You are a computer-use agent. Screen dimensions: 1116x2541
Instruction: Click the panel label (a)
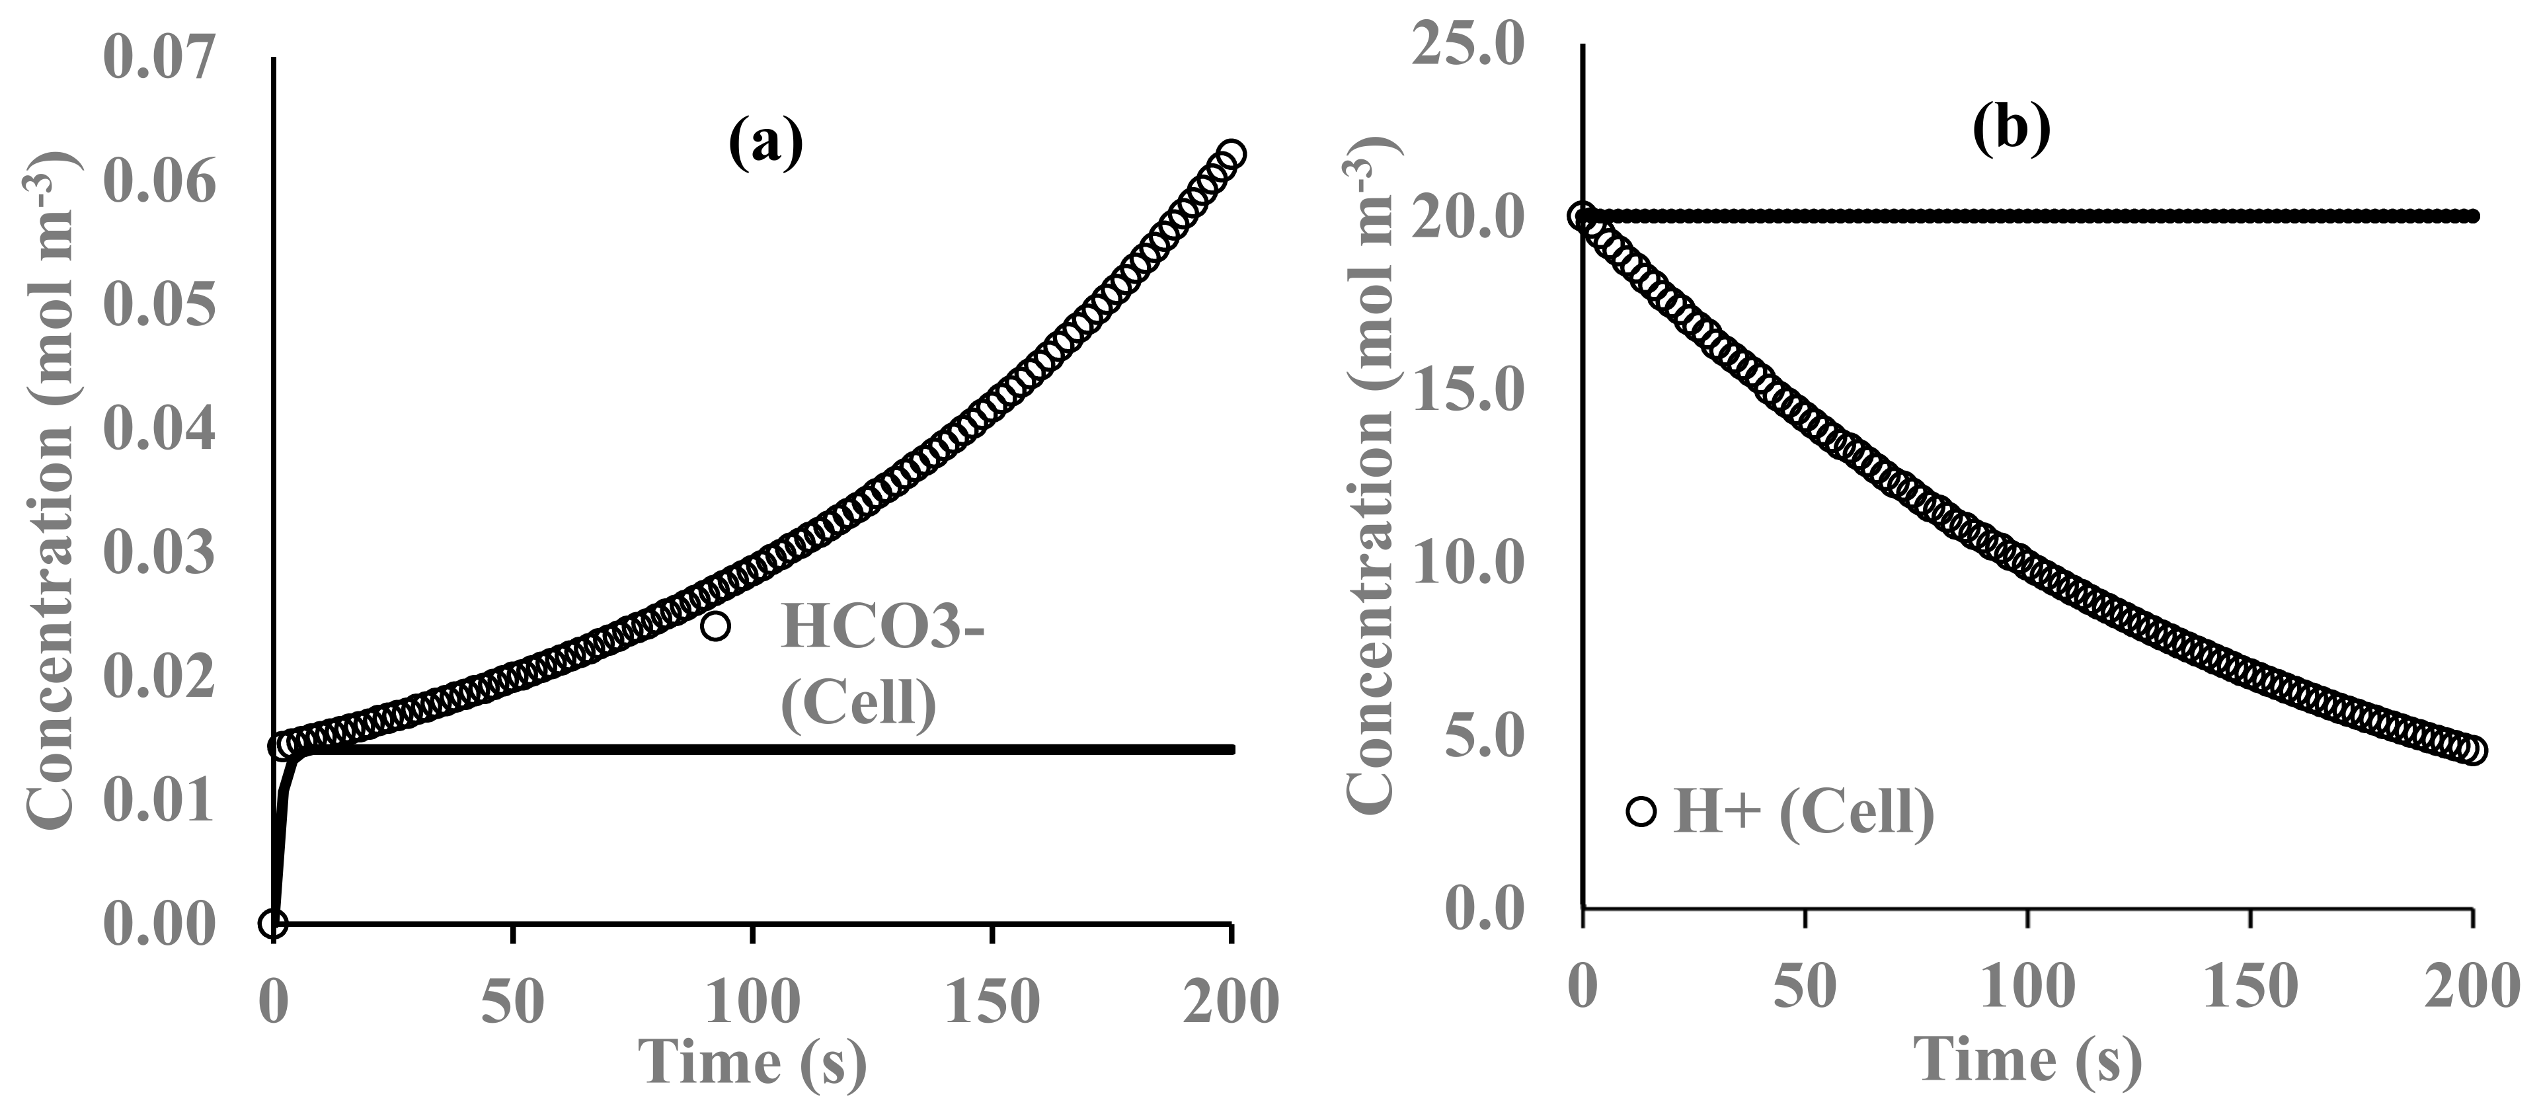(x=765, y=144)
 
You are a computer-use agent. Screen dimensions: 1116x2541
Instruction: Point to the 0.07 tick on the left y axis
(x=158, y=58)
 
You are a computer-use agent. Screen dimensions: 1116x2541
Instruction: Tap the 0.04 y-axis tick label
(x=158, y=430)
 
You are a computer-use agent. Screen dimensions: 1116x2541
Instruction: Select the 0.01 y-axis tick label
(x=158, y=801)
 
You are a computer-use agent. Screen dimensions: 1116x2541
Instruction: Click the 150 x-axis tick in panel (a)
(x=992, y=1002)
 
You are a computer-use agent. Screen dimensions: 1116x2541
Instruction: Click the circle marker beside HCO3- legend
(x=715, y=625)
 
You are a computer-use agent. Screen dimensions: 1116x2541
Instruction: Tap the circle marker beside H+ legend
(x=1641, y=812)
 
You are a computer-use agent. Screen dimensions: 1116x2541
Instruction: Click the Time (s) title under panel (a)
(x=754, y=1062)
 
